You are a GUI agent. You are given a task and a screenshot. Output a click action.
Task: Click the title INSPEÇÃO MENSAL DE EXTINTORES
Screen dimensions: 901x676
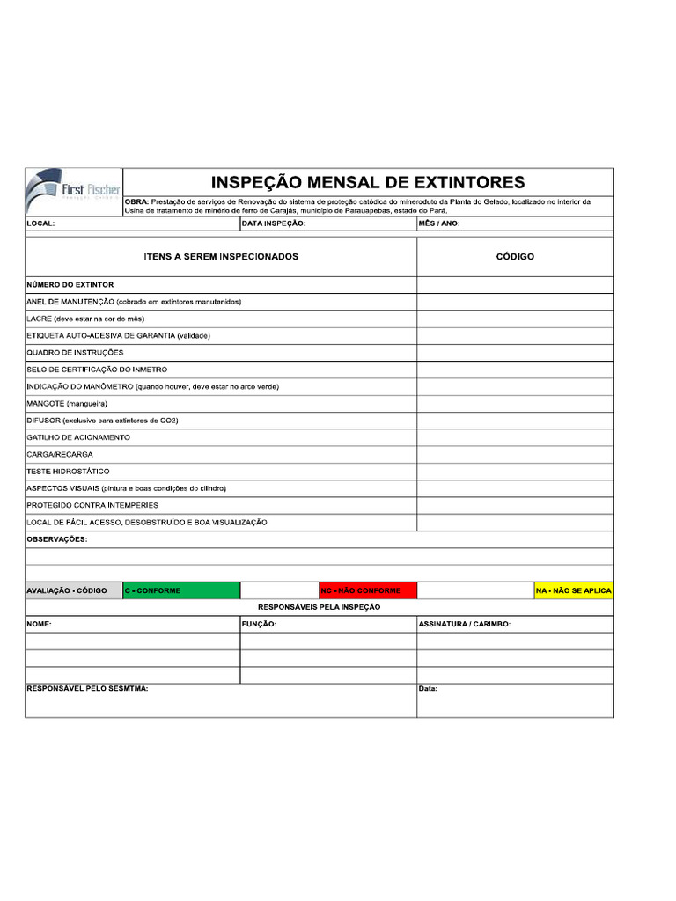[368, 183]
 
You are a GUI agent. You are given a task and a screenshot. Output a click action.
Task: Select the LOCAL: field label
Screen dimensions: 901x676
[41, 224]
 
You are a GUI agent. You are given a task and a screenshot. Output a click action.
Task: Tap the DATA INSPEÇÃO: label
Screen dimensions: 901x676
[274, 224]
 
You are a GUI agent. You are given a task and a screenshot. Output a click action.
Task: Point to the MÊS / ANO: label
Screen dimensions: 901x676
[439, 224]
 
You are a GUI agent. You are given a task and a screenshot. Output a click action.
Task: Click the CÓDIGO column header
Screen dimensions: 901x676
[515, 257]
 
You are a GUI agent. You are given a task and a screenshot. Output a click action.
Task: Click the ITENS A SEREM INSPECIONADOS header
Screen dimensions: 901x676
[221, 257]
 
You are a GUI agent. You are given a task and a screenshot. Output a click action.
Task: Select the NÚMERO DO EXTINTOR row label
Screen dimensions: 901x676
[70, 285]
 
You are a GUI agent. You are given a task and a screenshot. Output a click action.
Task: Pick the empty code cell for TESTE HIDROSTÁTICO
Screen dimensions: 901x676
[515, 472]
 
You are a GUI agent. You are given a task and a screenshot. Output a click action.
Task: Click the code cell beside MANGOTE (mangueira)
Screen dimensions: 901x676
[515, 404]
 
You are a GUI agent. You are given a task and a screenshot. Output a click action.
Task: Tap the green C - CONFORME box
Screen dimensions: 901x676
[181, 590]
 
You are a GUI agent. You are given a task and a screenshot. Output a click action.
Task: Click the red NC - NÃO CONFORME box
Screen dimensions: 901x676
[368, 590]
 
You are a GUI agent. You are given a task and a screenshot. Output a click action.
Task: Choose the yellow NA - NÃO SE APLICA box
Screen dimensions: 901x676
[573, 590]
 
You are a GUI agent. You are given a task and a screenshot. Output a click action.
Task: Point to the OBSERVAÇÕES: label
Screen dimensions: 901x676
[57, 539]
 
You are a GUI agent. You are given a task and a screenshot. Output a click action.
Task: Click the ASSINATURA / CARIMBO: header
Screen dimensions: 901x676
[465, 624]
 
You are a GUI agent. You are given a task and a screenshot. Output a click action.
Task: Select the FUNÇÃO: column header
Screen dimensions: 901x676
[260, 624]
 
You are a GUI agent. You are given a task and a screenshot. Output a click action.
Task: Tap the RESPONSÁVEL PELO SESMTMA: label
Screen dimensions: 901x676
[87, 689]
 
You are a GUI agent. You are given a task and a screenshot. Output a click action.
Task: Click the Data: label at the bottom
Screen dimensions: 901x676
[428, 689]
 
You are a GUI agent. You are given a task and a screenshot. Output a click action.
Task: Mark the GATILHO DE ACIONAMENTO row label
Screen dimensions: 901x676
[78, 437]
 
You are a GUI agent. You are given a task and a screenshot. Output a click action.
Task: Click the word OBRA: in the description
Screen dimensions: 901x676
[137, 202]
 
